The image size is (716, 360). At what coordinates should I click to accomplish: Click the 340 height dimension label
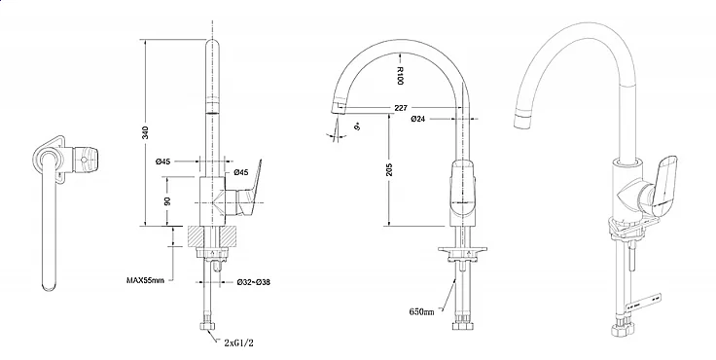[x=146, y=132]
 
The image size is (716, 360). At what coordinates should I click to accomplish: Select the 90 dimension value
[x=167, y=201]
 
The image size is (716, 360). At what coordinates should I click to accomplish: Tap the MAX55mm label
[x=145, y=279]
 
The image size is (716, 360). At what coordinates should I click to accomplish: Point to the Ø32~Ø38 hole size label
[x=254, y=282]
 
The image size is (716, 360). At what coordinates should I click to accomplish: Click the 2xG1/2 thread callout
[x=238, y=342]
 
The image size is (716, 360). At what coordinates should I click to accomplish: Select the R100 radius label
[x=400, y=75]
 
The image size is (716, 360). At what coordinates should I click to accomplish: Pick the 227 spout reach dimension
[x=401, y=108]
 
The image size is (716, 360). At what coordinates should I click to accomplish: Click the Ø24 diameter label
[x=418, y=119]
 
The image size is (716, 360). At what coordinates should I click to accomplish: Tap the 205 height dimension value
[x=389, y=169]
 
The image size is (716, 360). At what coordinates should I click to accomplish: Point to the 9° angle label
[x=358, y=126]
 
